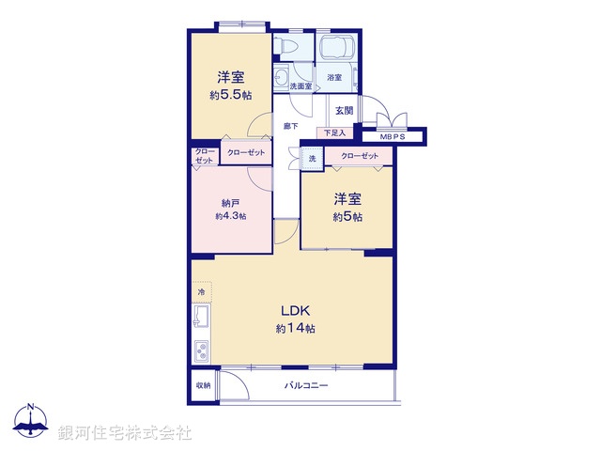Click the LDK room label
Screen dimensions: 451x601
(294, 311)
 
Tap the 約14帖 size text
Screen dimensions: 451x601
(295, 329)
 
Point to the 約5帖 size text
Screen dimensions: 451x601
(346, 217)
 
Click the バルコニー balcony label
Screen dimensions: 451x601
(302, 385)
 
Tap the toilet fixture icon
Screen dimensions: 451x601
(286, 47)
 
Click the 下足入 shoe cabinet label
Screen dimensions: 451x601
(334, 133)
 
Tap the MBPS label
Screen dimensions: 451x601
(393, 135)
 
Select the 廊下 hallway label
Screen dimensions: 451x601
(291, 125)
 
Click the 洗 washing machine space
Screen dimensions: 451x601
(312, 159)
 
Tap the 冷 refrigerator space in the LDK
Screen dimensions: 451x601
(201, 293)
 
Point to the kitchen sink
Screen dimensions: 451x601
(202, 322)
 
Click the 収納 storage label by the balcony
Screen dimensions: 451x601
(203, 385)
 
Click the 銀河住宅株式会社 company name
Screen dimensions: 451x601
(124, 432)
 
